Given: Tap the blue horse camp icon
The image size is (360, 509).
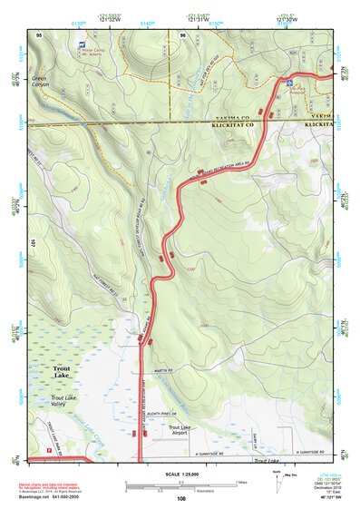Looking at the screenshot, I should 83,43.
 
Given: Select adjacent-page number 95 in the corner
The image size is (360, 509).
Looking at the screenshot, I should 38,33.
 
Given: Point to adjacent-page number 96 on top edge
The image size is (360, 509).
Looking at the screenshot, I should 182,33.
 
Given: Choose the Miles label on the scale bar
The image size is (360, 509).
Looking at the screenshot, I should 238,481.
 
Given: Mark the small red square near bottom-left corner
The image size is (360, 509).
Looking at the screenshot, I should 47,448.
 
